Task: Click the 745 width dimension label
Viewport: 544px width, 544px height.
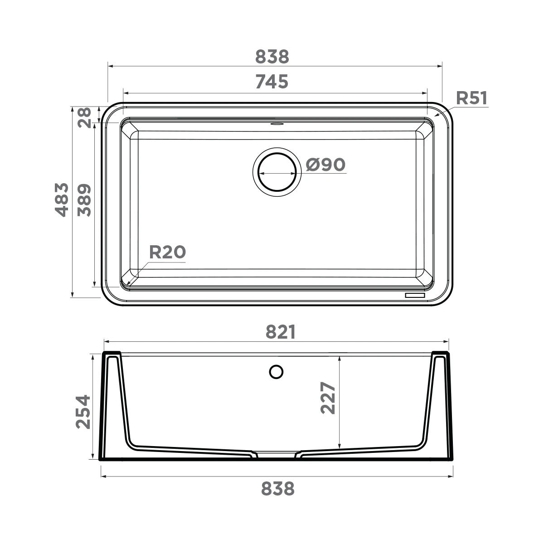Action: (x=272, y=82)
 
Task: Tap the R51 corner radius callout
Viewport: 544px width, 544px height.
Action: (x=472, y=98)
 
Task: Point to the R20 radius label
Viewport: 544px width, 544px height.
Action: (x=167, y=252)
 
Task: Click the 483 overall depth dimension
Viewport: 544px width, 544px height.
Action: (x=62, y=199)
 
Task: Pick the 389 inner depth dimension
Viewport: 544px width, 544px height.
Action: (x=84, y=200)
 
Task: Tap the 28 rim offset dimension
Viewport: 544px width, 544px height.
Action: (x=84, y=118)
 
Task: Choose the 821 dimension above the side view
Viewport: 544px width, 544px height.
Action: (x=281, y=332)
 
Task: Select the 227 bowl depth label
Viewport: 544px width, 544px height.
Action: (x=328, y=398)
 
